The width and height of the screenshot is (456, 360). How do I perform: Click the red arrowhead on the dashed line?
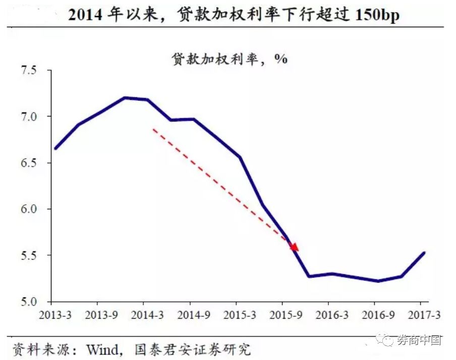pyautogui.click(x=295, y=247)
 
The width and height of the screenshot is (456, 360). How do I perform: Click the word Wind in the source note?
pyautogui.click(x=103, y=349)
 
